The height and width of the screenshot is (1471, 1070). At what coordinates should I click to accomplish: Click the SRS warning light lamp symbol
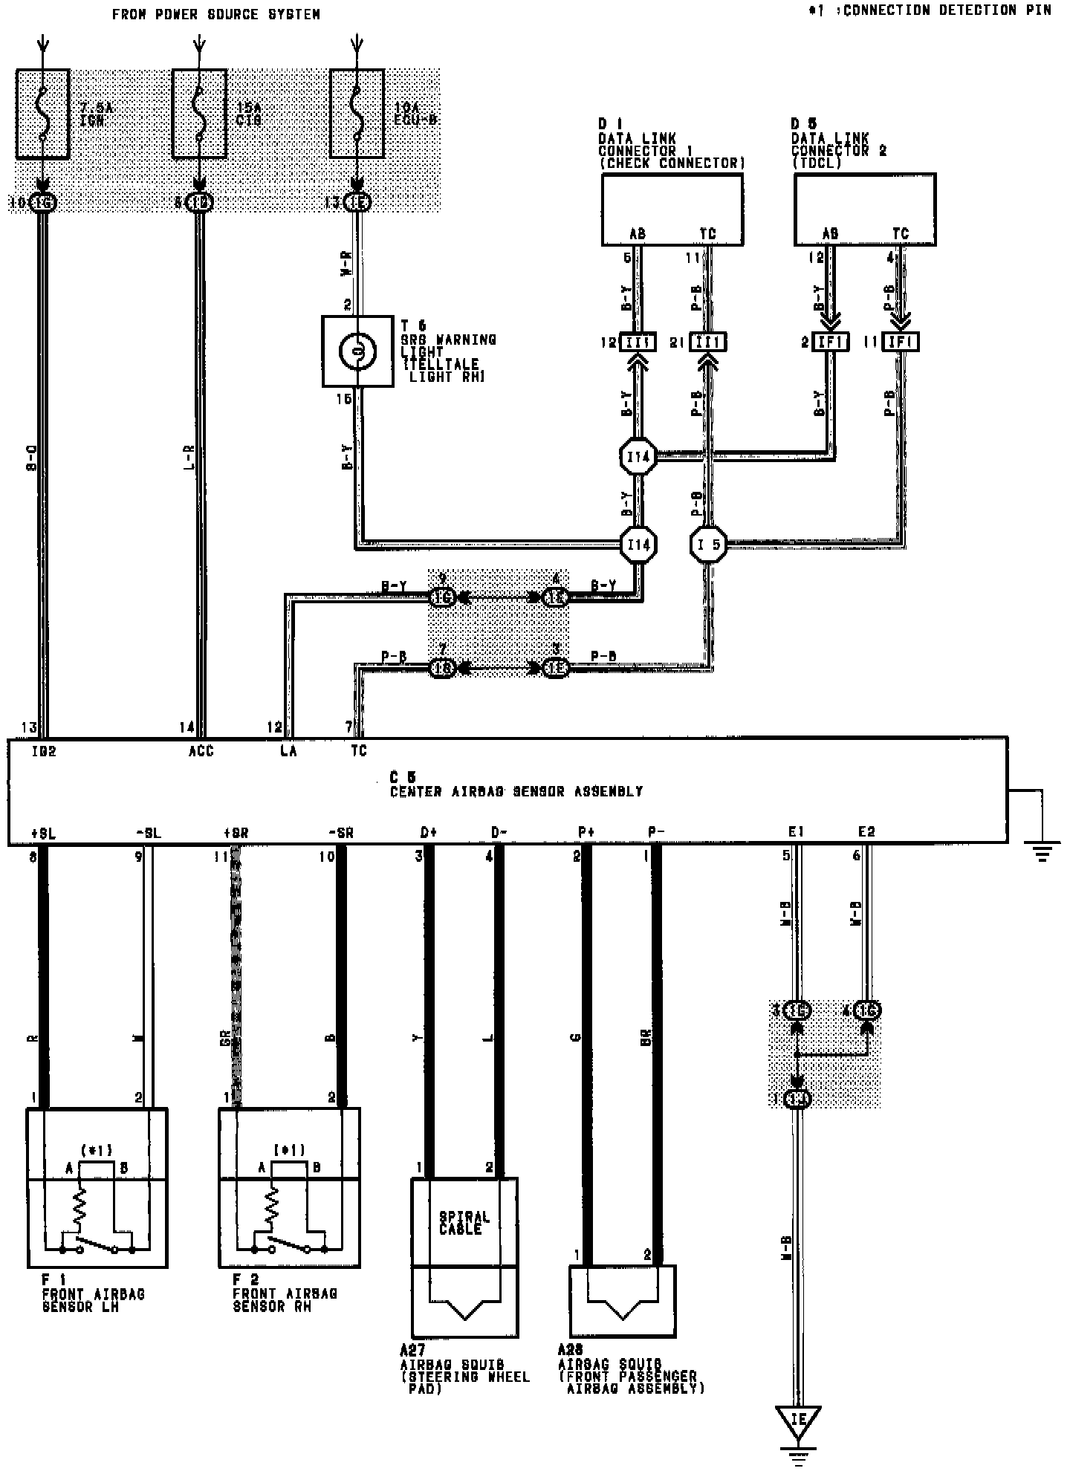tap(357, 351)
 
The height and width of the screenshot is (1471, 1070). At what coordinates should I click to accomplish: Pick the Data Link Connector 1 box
tap(672, 209)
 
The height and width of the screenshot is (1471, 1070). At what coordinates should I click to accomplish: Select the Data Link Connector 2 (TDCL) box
tap(865, 209)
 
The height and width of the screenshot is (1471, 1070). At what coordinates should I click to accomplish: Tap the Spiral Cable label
tap(464, 1223)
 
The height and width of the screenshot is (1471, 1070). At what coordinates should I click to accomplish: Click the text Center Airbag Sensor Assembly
tap(516, 792)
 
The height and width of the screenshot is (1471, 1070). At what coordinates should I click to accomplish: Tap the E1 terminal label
tap(796, 832)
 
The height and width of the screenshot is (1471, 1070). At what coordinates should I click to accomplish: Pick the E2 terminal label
tap(866, 832)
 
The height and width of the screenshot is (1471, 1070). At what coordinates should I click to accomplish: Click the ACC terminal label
tap(201, 751)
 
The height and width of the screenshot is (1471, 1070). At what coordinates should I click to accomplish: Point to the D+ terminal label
tap(429, 832)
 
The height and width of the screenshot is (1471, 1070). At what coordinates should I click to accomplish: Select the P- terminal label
tap(655, 832)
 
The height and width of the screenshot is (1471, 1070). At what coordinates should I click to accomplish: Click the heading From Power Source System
tap(216, 14)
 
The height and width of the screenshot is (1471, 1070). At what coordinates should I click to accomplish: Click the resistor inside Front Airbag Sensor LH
tap(79, 1207)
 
